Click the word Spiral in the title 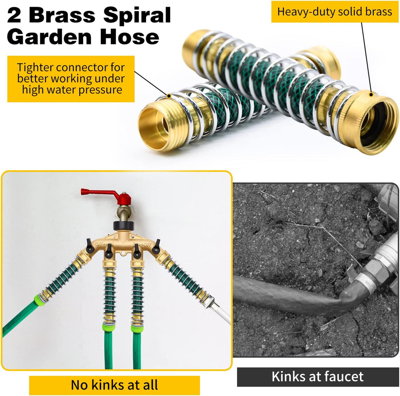[x=137, y=16]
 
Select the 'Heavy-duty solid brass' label [x=335, y=12]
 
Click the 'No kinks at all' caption [x=114, y=385]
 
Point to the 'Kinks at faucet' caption [x=317, y=377]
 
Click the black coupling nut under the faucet [x=123, y=226]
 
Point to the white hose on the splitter [x=222, y=313]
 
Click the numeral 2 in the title [x=14, y=16]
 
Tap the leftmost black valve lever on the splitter [x=89, y=246]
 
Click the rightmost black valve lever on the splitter [x=156, y=246]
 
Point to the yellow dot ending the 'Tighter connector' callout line [x=169, y=96]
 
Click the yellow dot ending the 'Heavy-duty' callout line [x=371, y=95]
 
